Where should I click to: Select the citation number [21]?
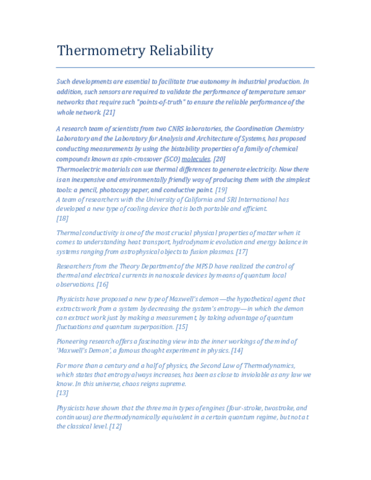click(109, 113)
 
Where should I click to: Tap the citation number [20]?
click(220, 159)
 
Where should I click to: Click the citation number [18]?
click(62, 218)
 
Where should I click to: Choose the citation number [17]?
click(242, 252)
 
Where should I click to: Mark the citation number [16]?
click(102, 285)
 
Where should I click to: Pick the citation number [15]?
click(182, 327)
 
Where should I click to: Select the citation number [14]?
click(237, 351)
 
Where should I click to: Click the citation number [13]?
click(62, 393)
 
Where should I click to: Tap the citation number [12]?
click(115, 427)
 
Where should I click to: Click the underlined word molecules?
click(195, 159)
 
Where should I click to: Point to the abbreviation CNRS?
click(171, 129)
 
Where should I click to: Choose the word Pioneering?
click(74, 341)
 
